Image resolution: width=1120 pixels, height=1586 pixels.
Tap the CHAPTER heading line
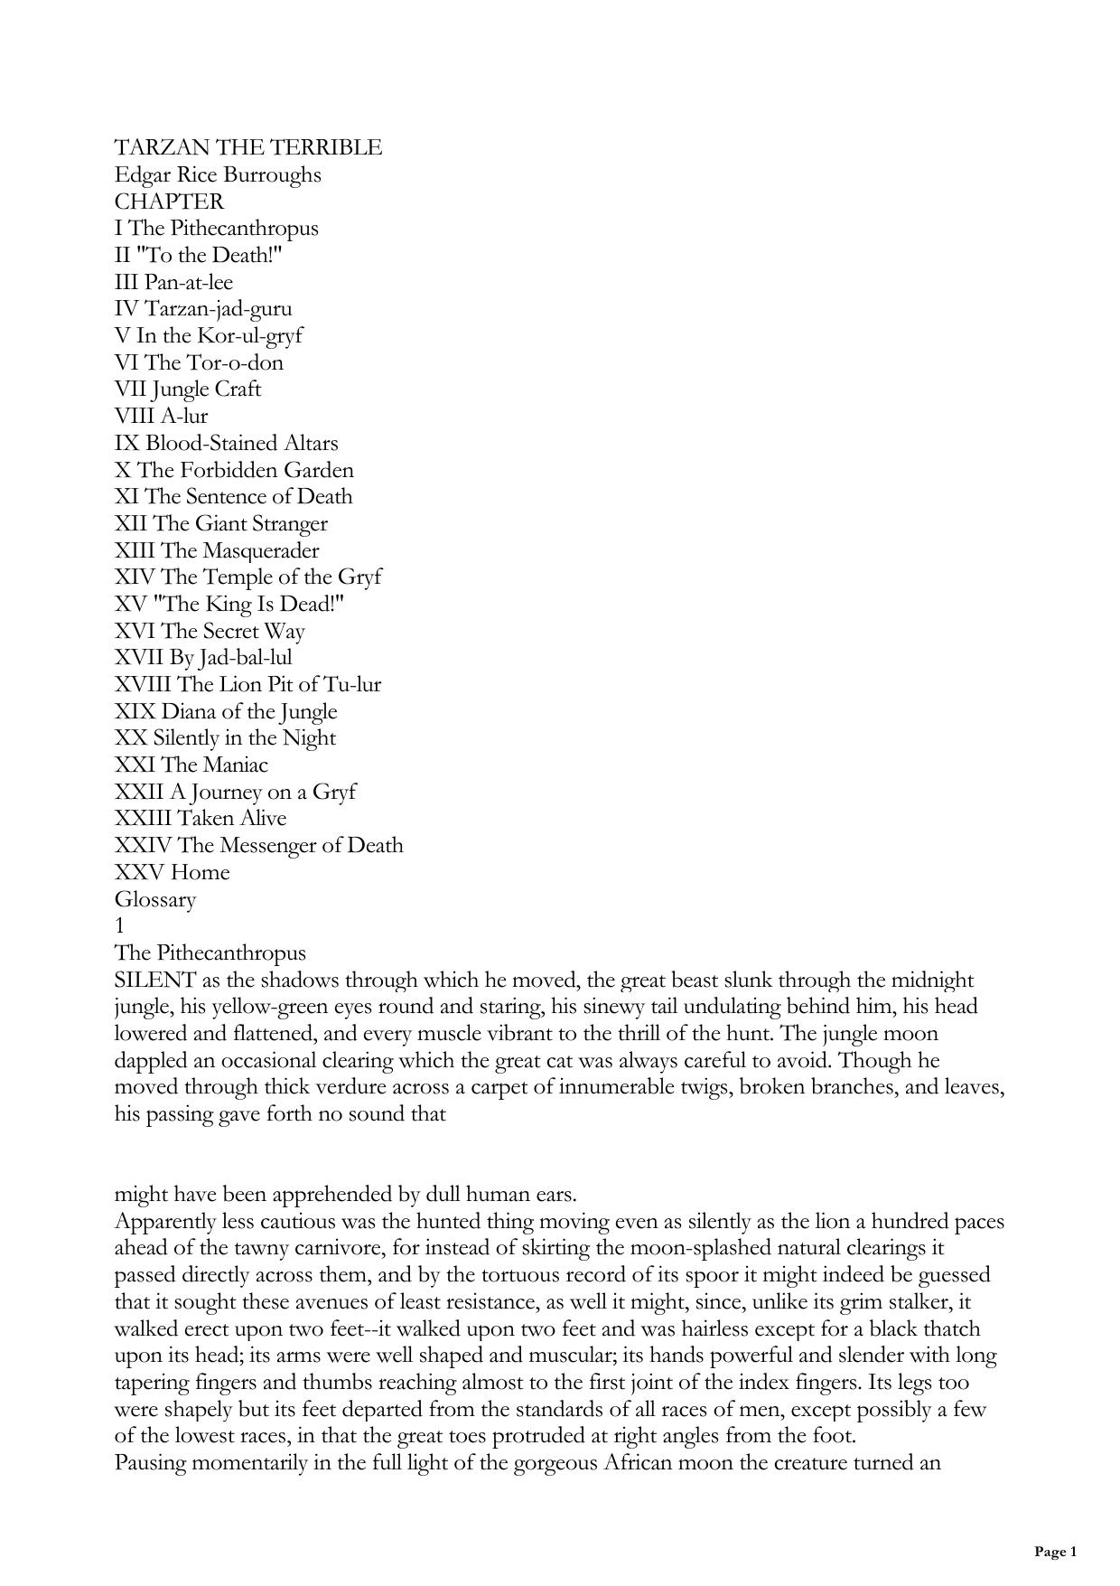tap(169, 202)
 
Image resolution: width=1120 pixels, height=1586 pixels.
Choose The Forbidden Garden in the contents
tap(245, 470)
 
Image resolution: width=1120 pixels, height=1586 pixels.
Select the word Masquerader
tap(260, 550)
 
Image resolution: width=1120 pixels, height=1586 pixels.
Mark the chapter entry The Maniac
tap(214, 765)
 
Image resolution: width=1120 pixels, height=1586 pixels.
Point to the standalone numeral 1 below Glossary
tap(120, 926)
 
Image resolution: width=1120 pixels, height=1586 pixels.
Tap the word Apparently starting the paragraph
tap(165, 1222)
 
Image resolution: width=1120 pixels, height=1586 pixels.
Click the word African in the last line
tap(621, 1463)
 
